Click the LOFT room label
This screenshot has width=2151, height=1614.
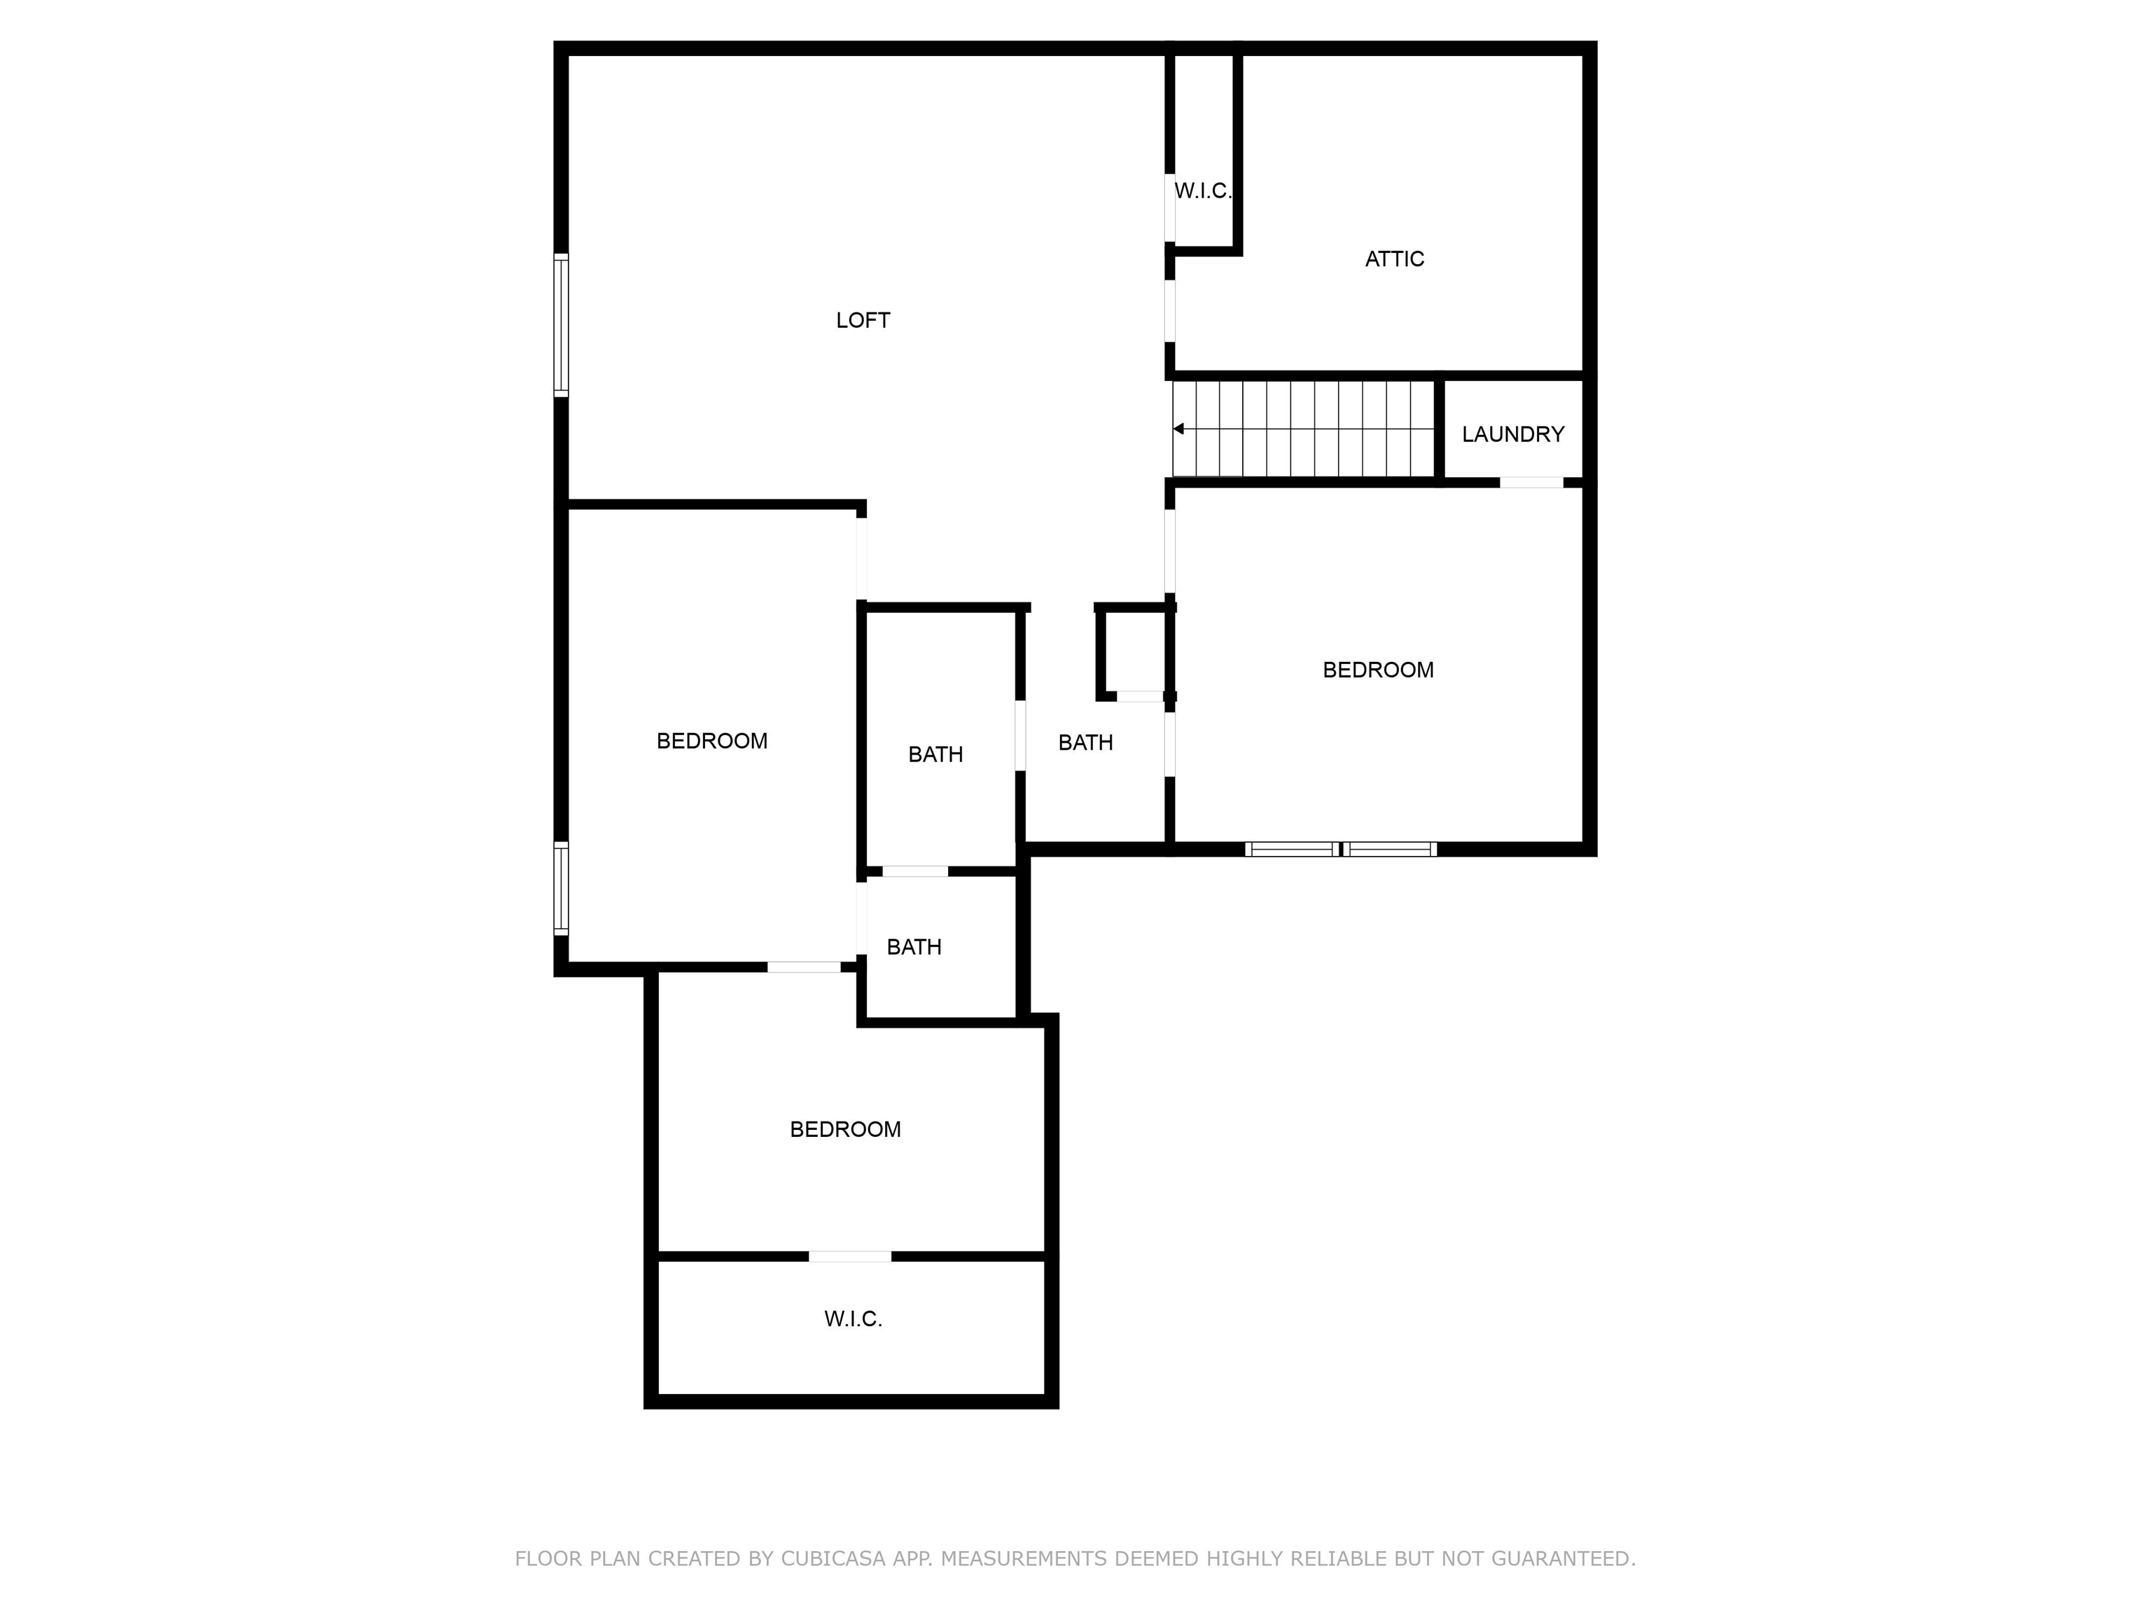click(863, 320)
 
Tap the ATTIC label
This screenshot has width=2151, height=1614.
click(1395, 258)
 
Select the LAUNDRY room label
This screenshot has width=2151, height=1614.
click(1513, 434)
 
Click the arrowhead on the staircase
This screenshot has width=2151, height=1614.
click(1178, 429)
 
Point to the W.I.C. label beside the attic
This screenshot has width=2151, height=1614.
click(1203, 191)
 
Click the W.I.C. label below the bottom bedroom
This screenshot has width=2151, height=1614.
click(853, 1319)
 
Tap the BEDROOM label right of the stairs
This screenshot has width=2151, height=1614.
click(1378, 669)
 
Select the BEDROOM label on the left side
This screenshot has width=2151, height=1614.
click(712, 741)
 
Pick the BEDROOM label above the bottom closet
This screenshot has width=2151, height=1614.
click(845, 1129)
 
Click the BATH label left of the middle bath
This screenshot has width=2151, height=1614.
click(935, 754)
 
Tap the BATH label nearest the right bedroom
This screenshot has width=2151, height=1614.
click(1085, 743)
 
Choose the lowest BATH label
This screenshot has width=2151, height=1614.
click(914, 946)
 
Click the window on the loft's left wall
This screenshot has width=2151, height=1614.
click(561, 325)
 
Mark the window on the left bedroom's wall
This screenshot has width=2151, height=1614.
click(561, 888)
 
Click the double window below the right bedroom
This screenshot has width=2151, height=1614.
click(1341, 849)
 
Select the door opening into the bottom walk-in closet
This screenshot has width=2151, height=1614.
click(850, 1257)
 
